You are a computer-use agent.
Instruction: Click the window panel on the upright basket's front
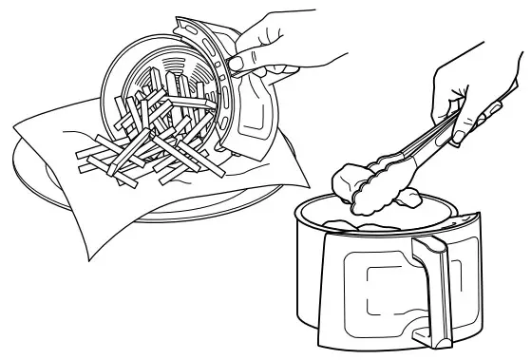tap(389, 285)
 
